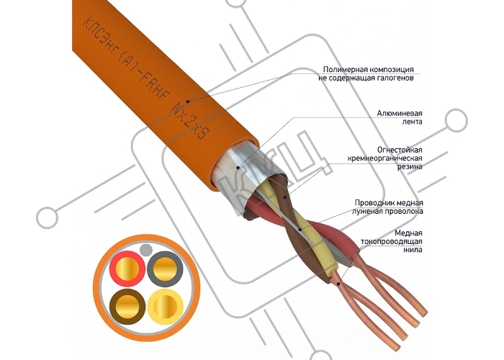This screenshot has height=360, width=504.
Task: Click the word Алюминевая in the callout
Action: tap(400, 114)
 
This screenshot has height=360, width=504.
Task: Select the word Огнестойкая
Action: tap(400, 150)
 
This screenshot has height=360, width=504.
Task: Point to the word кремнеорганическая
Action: tap(384, 158)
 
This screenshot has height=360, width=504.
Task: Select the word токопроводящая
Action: tap(392, 241)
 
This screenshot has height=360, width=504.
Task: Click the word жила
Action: tap(413, 250)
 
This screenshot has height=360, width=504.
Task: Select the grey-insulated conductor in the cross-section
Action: tap(165, 269)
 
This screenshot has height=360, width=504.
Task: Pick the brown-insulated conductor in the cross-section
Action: tap(127, 306)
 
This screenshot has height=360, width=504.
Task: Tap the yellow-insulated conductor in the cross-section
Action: tap(165, 306)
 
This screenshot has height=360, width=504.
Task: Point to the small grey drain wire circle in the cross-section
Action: tap(146, 249)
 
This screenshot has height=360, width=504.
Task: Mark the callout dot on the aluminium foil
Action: tap(238, 168)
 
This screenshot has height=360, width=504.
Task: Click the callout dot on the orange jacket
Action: tap(188, 102)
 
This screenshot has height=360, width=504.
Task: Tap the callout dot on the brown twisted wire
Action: tap(285, 197)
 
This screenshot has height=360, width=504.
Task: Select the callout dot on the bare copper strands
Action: tap(338, 284)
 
